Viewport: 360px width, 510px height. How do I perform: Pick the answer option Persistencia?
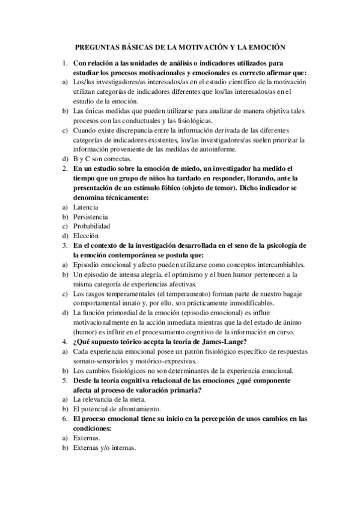pyautogui.click(x=91, y=215)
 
